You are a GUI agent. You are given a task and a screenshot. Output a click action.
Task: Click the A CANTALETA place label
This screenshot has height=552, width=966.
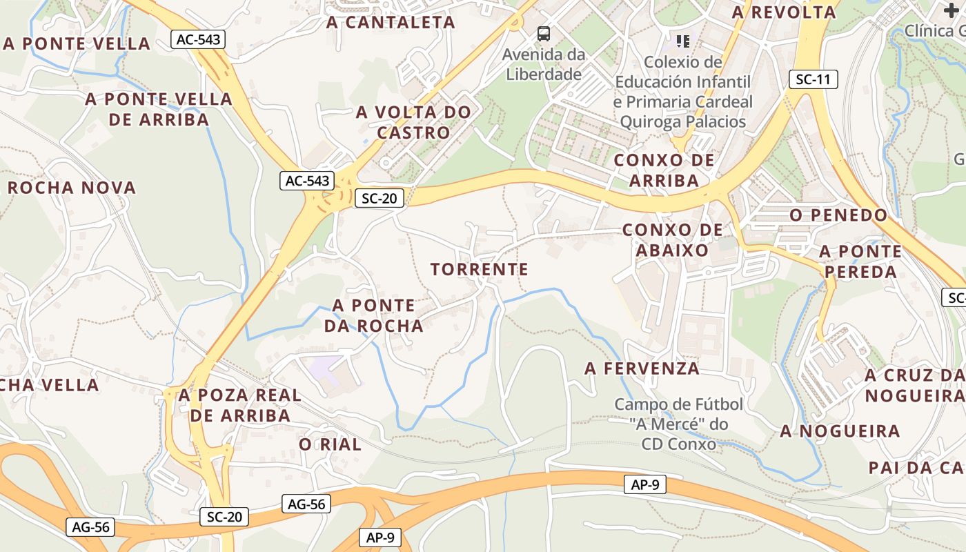(391, 22)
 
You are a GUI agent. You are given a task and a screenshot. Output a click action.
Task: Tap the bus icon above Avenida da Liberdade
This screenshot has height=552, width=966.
(544, 33)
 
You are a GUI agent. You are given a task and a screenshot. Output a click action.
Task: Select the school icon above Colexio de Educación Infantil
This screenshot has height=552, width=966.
(683, 41)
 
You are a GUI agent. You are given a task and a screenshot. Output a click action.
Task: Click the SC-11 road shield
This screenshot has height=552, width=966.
(813, 79)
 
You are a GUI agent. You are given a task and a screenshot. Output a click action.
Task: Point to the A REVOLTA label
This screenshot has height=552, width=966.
(784, 12)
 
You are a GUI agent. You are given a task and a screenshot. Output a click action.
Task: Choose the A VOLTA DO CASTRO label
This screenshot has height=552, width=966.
(413, 122)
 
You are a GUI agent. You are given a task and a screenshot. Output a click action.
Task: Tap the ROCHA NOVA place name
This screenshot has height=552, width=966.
(71, 188)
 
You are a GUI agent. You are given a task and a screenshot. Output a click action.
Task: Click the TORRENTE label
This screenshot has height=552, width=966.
(480, 269)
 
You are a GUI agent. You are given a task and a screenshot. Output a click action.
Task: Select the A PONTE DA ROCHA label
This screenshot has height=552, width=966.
(374, 315)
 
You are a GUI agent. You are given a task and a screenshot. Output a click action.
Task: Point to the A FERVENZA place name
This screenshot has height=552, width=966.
(642, 368)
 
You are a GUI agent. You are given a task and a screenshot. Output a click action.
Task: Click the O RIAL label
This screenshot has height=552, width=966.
(330, 445)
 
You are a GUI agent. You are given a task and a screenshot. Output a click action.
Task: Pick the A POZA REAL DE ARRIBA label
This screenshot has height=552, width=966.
(240, 406)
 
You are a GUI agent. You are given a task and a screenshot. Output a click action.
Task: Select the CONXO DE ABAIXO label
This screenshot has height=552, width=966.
(672, 239)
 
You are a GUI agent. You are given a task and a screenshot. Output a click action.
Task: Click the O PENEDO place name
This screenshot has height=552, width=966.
(838, 215)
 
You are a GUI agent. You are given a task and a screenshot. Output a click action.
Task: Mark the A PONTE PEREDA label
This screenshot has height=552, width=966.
(861, 262)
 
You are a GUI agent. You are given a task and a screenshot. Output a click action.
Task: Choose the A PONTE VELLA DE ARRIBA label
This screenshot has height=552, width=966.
(159, 109)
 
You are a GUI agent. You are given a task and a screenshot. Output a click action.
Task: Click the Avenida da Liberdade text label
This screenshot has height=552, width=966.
(544, 64)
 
